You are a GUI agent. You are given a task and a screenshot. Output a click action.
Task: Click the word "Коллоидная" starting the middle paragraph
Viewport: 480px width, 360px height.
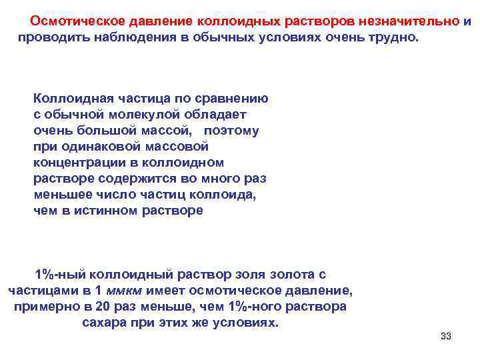pos(67,98)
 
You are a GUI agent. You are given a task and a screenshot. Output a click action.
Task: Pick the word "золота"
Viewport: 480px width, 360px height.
pos(289,275)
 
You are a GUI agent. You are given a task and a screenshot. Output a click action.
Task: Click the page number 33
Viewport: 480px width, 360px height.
pos(446,336)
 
